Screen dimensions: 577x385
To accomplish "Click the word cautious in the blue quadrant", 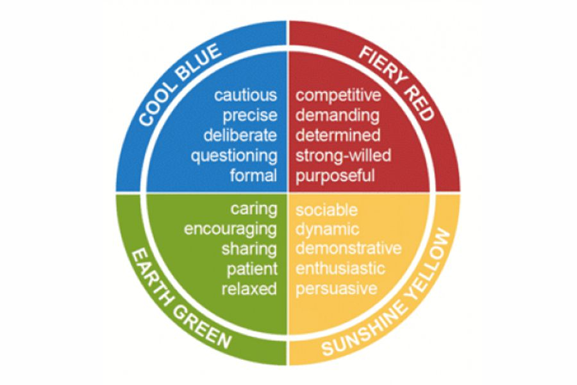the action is click(x=246, y=96).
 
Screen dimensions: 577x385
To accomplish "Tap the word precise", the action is click(x=250, y=116).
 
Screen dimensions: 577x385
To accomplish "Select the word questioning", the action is click(x=234, y=156).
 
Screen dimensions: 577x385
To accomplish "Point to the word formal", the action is click(x=253, y=175).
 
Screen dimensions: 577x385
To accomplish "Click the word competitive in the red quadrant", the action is click(x=338, y=96).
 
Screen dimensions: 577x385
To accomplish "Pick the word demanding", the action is click(x=337, y=116).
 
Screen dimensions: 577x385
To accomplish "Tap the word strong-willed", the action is click(x=344, y=155).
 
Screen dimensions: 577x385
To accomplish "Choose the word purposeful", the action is click(x=335, y=176).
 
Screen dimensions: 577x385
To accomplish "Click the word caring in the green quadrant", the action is click(x=254, y=210).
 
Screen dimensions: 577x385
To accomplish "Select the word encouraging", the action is click(x=231, y=230).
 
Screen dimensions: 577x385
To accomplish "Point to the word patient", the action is click(x=252, y=269).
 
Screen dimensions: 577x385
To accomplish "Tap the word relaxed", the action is click(x=249, y=289).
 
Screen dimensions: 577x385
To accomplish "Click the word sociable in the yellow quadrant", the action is click(x=326, y=210).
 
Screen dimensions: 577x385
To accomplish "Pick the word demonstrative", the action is click(x=349, y=248).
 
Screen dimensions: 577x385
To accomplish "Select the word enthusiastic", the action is click(x=340, y=268).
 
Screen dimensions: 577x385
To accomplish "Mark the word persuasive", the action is click(x=337, y=289).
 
